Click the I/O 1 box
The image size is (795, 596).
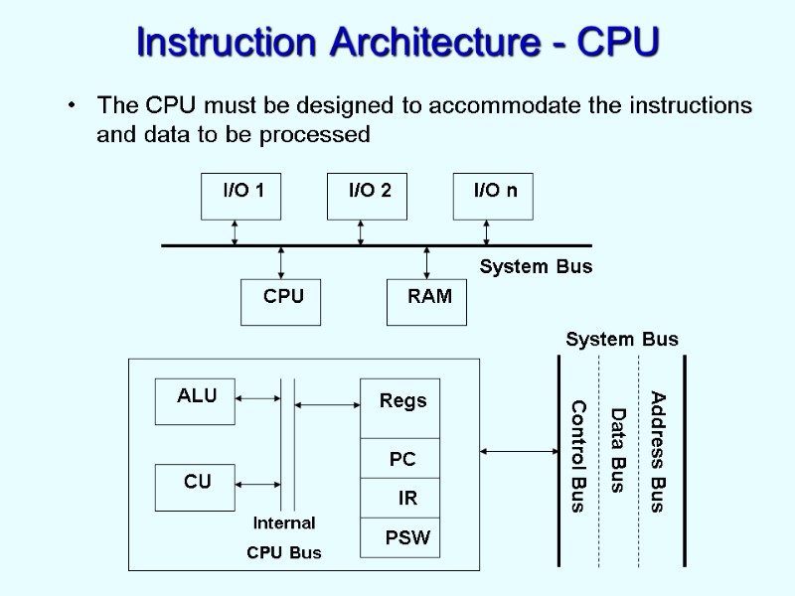coord(240,196)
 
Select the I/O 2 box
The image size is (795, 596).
coord(367,196)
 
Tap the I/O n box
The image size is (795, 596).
coord(493,196)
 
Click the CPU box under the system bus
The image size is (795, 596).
coord(281,302)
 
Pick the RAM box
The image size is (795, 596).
coord(426,302)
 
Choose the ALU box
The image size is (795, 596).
coord(196,401)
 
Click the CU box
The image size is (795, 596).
coord(196,487)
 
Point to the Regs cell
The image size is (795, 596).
coord(400,407)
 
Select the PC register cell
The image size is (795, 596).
coord(400,459)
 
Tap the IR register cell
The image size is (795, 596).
coord(400,498)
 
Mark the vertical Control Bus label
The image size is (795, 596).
coord(577,456)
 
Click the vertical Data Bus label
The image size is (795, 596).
coord(618,450)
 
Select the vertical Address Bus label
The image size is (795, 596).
coord(657,452)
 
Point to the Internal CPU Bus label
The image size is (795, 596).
coord(284,537)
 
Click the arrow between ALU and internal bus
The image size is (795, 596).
coord(258,399)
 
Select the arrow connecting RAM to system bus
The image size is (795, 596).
coord(426,263)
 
